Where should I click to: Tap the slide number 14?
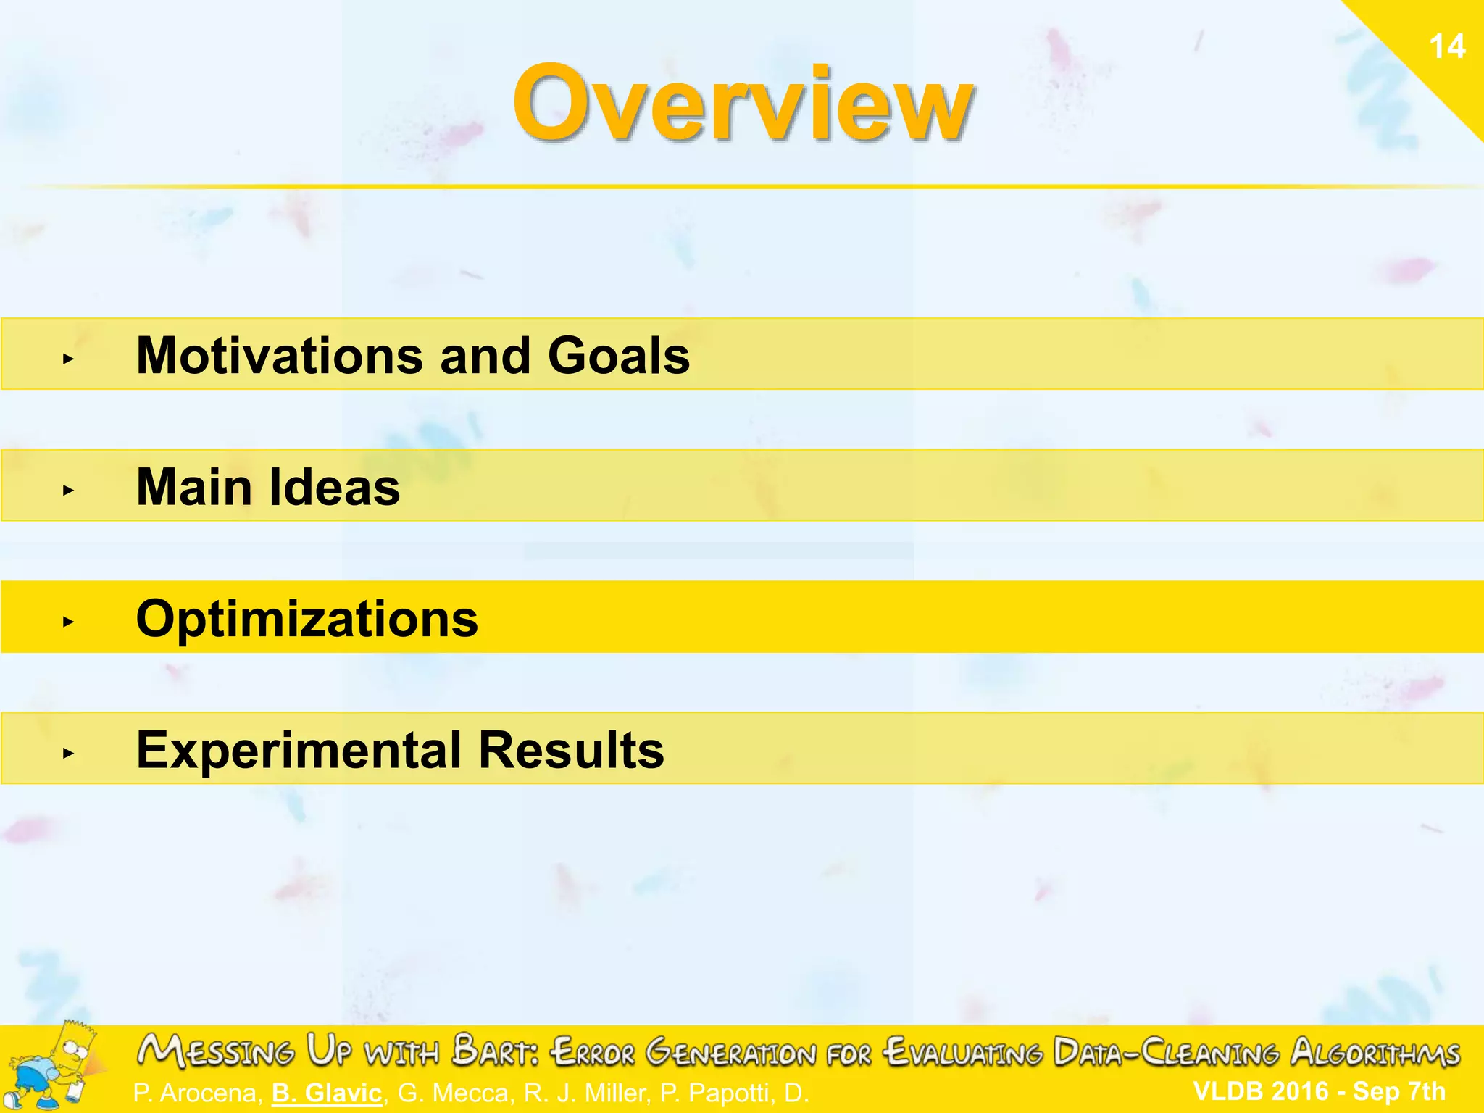point(1447,46)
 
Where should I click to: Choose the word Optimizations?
point(307,619)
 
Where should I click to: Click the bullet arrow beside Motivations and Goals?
point(68,359)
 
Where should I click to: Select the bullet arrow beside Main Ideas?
point(68,491)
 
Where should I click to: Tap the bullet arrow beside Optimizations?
point(68,622)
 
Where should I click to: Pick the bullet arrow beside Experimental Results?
point(68,754)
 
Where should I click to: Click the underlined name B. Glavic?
point(327,1093)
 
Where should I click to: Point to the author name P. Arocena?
point(196,1093)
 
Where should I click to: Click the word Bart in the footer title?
point(494,1051)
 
